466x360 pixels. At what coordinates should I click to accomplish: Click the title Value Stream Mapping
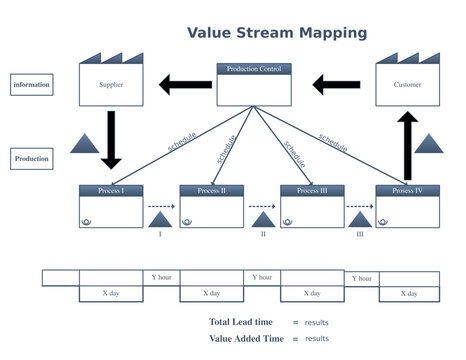point(277,33)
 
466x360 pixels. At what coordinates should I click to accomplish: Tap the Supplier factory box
point(111,85)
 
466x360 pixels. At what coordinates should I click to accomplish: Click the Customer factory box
point(407,85)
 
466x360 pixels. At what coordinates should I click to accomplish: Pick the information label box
point(33,85)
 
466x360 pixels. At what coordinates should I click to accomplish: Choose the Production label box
point(33,158)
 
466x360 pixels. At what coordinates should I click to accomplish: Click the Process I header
point(111,190)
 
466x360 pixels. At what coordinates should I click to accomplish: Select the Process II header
point(211,190)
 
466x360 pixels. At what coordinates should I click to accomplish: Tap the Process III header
point(312,190)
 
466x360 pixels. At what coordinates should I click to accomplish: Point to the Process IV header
point(408,190)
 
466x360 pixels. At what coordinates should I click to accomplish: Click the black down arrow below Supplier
point(111,138)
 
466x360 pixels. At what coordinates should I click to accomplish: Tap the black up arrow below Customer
point(408,145)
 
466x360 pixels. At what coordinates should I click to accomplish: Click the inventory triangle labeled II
point(262,218)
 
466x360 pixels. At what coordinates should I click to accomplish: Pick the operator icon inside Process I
point(87,222)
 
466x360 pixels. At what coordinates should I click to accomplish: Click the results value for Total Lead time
point(317,322)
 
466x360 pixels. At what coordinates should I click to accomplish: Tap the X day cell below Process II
point(211,294)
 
